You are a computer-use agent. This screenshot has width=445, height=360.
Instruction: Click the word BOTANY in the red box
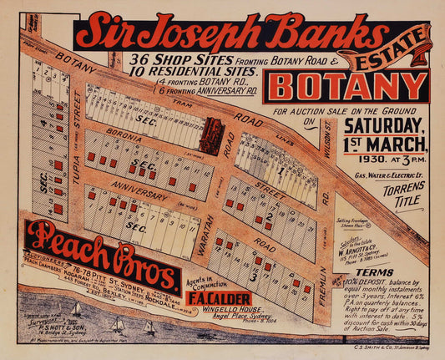tap(350, 87)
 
